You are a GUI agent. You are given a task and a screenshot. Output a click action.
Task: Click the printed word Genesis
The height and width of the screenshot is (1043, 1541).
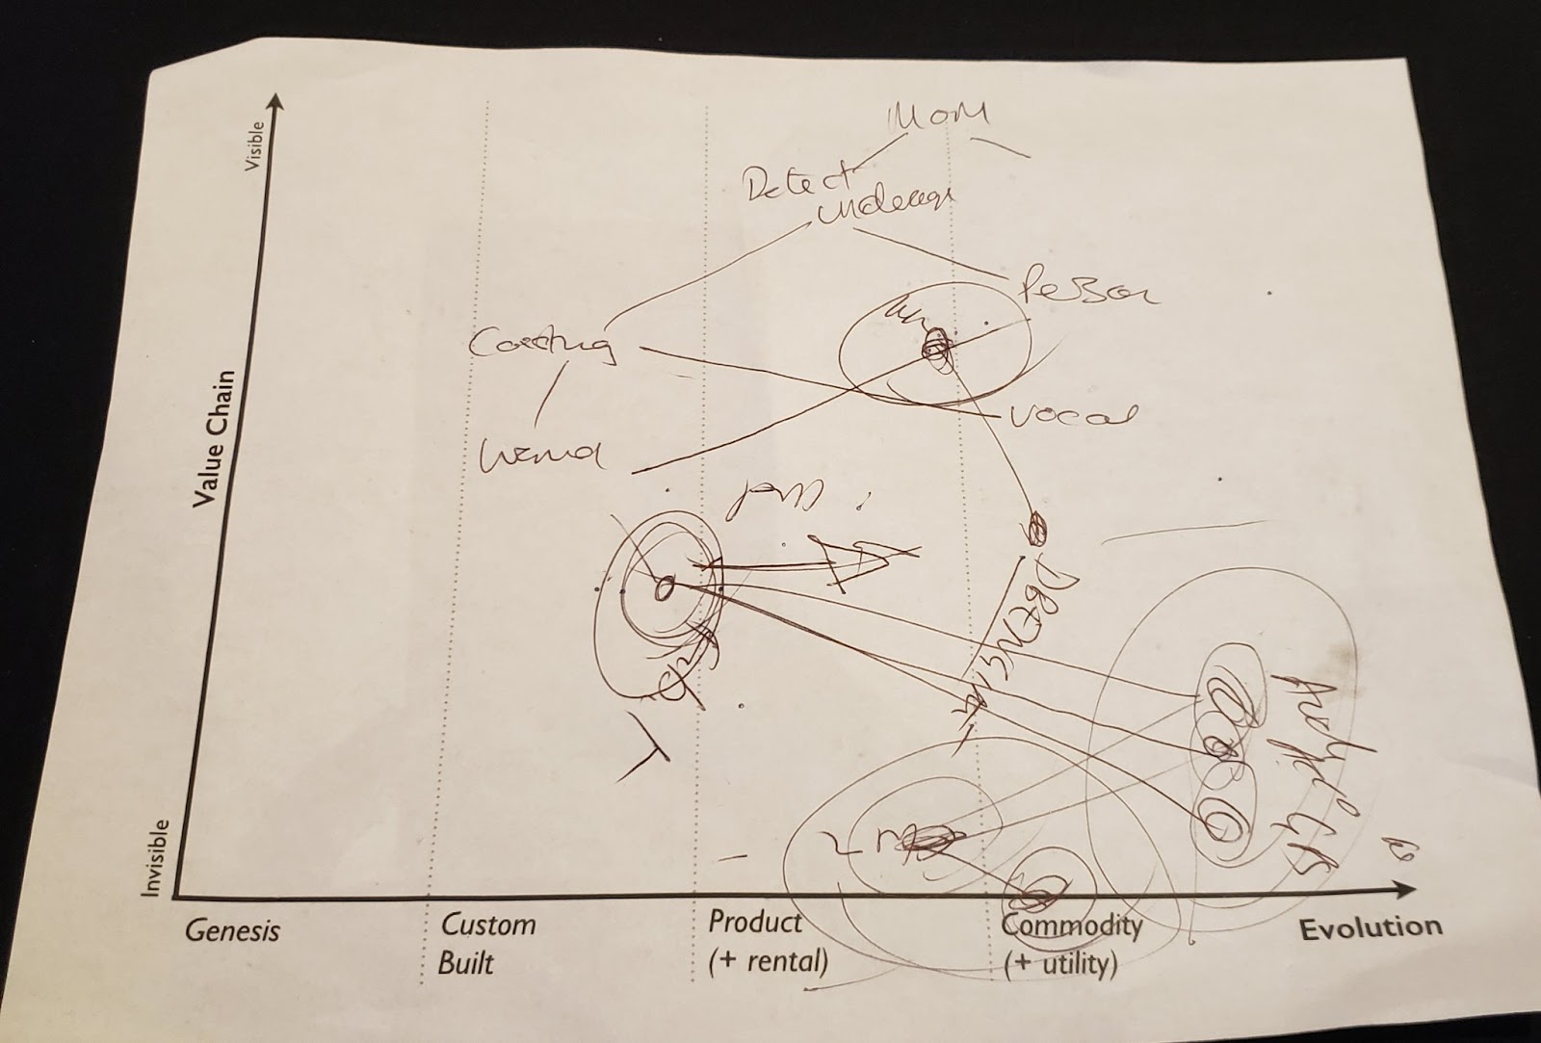click(x=232, y=931)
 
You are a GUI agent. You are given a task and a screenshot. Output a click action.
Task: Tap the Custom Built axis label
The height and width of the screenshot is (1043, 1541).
click(x=485, y=942)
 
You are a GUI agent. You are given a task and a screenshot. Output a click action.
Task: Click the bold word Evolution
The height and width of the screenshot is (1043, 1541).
click(x=1371, y=928)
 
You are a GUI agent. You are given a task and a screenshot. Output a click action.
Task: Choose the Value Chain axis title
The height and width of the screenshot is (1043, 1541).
click(x=213, y=438)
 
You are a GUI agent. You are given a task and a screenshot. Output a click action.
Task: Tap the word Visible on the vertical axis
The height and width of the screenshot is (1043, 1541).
click(x=253, y=146)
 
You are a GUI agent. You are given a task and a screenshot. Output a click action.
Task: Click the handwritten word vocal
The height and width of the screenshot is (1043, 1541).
click(x=1070, y=416)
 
